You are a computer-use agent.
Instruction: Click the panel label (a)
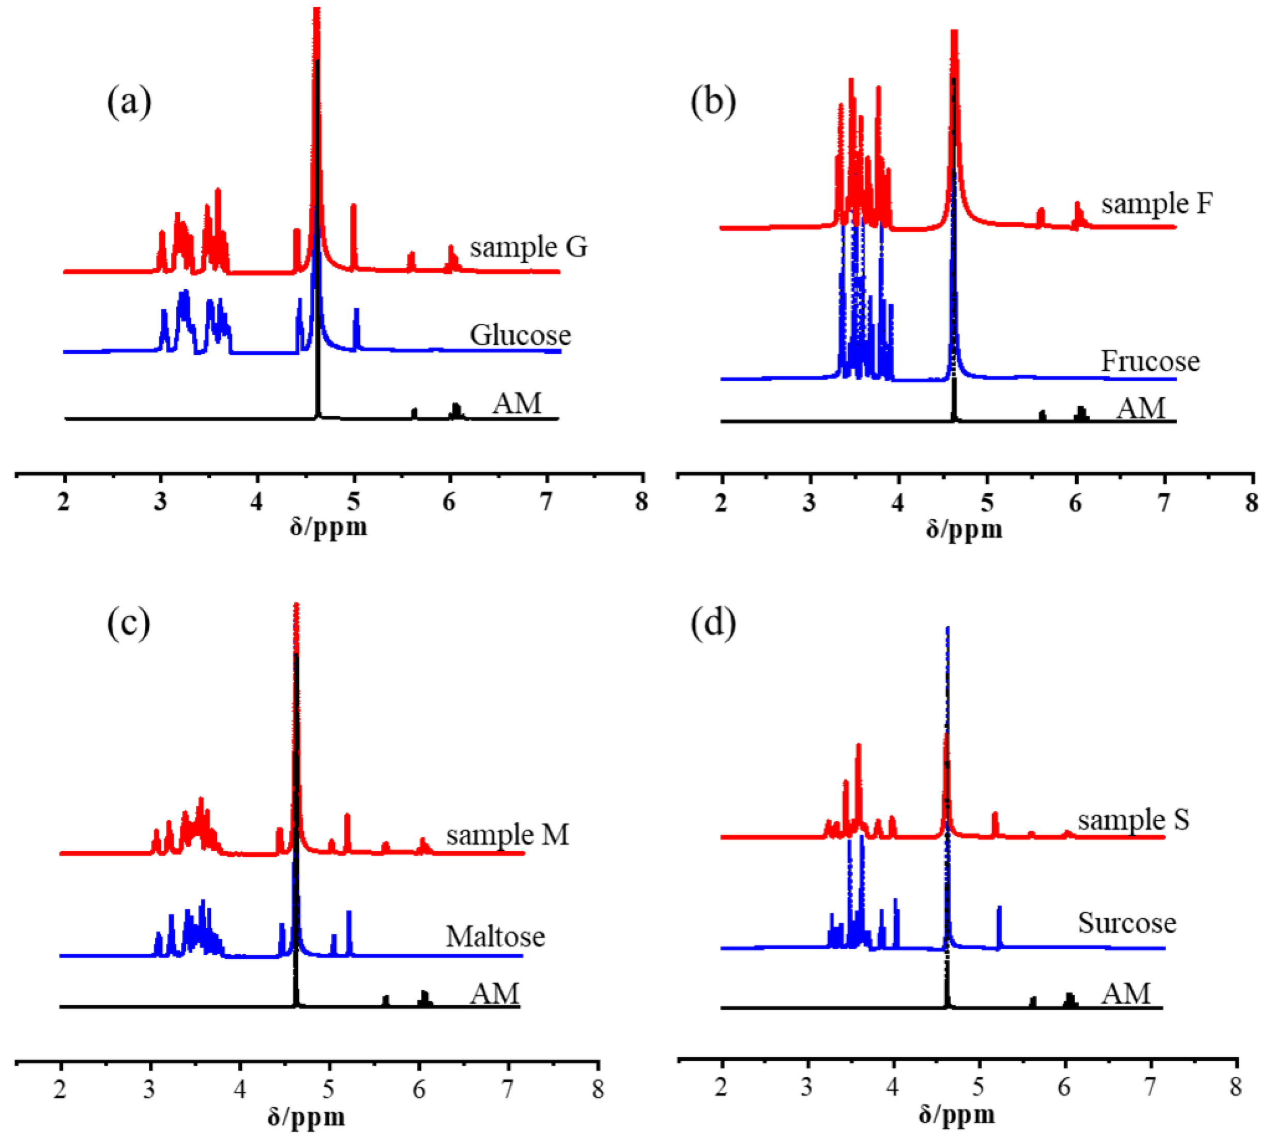tap(129, 102)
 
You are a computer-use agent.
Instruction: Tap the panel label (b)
tap(713, 102)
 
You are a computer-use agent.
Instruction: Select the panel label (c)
tap(129, 624)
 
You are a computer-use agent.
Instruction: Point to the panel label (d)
tap(713, 624)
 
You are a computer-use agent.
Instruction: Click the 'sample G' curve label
tap(528, 247)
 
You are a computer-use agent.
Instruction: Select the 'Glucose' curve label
tap(521, 335)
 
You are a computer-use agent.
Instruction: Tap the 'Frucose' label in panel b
tap(1150, 361)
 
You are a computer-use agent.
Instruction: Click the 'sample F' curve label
tap(1156, 203)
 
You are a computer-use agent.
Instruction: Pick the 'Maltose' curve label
tap(495, 936)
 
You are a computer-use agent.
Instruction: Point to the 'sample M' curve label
tap(507, 835)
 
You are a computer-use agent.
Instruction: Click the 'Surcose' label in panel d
tap(1127, 923)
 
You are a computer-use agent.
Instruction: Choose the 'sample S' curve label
tap(1133, 820)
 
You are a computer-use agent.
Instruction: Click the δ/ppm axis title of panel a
tap(328, 527)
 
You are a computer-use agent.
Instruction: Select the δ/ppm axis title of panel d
tap(957, 1114)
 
